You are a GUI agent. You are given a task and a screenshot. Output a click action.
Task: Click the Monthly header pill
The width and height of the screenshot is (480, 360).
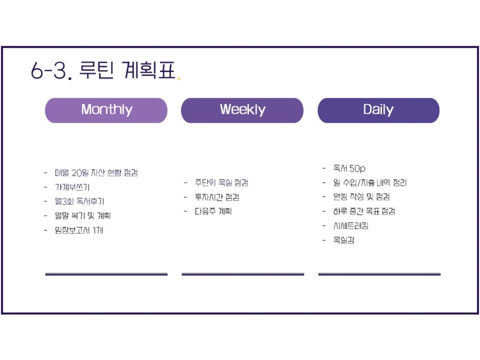click(106, 111)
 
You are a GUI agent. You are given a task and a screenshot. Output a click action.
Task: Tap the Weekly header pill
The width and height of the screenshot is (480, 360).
click(242, 111)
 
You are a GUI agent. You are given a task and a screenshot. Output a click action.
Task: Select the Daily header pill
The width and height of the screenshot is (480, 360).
click(378, 111)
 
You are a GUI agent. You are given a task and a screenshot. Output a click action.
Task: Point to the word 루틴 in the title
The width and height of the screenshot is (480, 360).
click(96, 70)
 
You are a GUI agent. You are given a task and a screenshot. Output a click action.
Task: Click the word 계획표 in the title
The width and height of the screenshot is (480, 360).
click(149, 70)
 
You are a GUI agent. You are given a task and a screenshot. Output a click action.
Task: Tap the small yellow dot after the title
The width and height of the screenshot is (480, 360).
click(179, 78)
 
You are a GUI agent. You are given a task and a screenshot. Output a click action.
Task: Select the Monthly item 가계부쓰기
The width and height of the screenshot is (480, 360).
click(72, 187)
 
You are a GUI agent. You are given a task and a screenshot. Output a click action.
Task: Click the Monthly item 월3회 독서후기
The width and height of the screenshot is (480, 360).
click(79, 202)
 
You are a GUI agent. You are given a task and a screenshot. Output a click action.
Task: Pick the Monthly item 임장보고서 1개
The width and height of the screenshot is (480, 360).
click(79, 230)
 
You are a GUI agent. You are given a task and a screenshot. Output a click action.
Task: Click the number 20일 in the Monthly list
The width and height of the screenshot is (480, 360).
click(79, 173)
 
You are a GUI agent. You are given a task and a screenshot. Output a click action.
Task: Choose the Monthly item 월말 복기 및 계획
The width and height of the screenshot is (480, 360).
click(83, 216)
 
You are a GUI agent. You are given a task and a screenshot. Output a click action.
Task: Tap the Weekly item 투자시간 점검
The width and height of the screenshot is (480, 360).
click(217, 197)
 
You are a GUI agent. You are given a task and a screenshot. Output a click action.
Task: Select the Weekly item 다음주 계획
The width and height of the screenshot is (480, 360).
click(213, 212)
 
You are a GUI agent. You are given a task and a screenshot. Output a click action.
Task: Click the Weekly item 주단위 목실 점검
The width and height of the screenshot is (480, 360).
click(222, 183)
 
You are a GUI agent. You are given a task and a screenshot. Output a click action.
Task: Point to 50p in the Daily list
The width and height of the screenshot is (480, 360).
click(357, 168)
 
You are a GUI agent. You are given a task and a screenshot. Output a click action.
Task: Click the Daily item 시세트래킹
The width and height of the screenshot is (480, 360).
click(351, 226)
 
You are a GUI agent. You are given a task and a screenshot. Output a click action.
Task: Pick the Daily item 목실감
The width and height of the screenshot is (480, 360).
click(344, 241)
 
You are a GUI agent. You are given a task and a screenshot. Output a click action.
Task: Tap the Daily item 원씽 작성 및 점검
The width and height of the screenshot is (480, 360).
click(362, 197)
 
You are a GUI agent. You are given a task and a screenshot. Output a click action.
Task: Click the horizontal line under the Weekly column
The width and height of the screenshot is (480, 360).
click(243, 274)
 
